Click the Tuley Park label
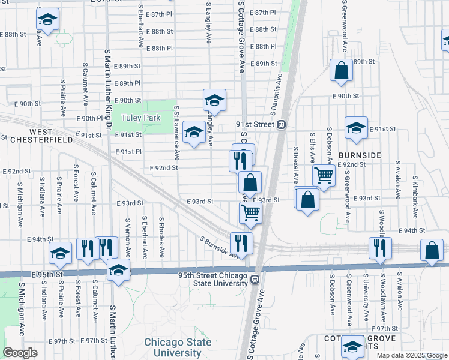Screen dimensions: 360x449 click(141, 118)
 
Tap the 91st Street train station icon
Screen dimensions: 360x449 click(280, 124)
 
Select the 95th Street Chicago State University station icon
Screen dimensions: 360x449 click(255, 278)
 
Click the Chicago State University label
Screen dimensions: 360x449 click(178, 347)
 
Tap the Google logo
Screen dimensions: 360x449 click(20, 353)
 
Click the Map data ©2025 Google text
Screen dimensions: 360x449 click(411, 355)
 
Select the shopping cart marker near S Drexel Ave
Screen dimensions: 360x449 click(324, 175)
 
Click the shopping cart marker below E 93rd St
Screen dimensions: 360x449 click(250, 211)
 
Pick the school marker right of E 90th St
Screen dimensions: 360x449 click(214, 100)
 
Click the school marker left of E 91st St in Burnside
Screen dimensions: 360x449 click(356, 127)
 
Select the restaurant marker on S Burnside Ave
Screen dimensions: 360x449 click(241, 242)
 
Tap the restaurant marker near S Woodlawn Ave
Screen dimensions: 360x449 click(380, 247)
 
